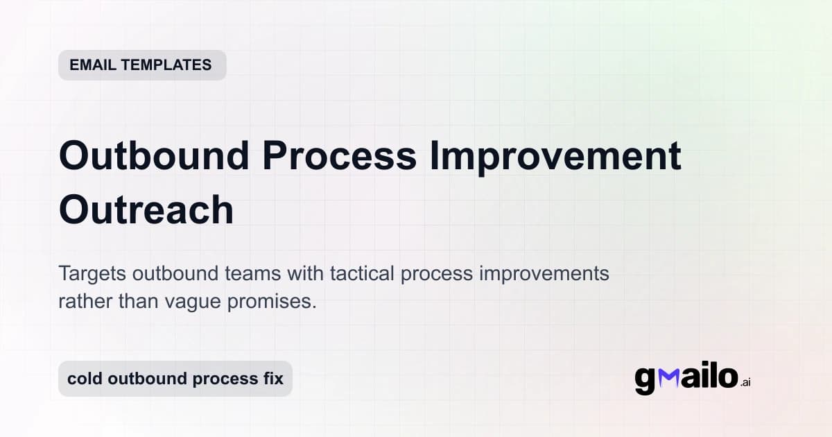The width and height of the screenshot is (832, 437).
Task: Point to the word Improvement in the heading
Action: point(555,156)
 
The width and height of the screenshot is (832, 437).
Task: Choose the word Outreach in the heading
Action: point(146,209)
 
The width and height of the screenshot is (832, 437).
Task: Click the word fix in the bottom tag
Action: point(272,379)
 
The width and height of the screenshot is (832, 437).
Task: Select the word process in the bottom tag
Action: point(222,379)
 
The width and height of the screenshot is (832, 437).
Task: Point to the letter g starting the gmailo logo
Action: point(645,381)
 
